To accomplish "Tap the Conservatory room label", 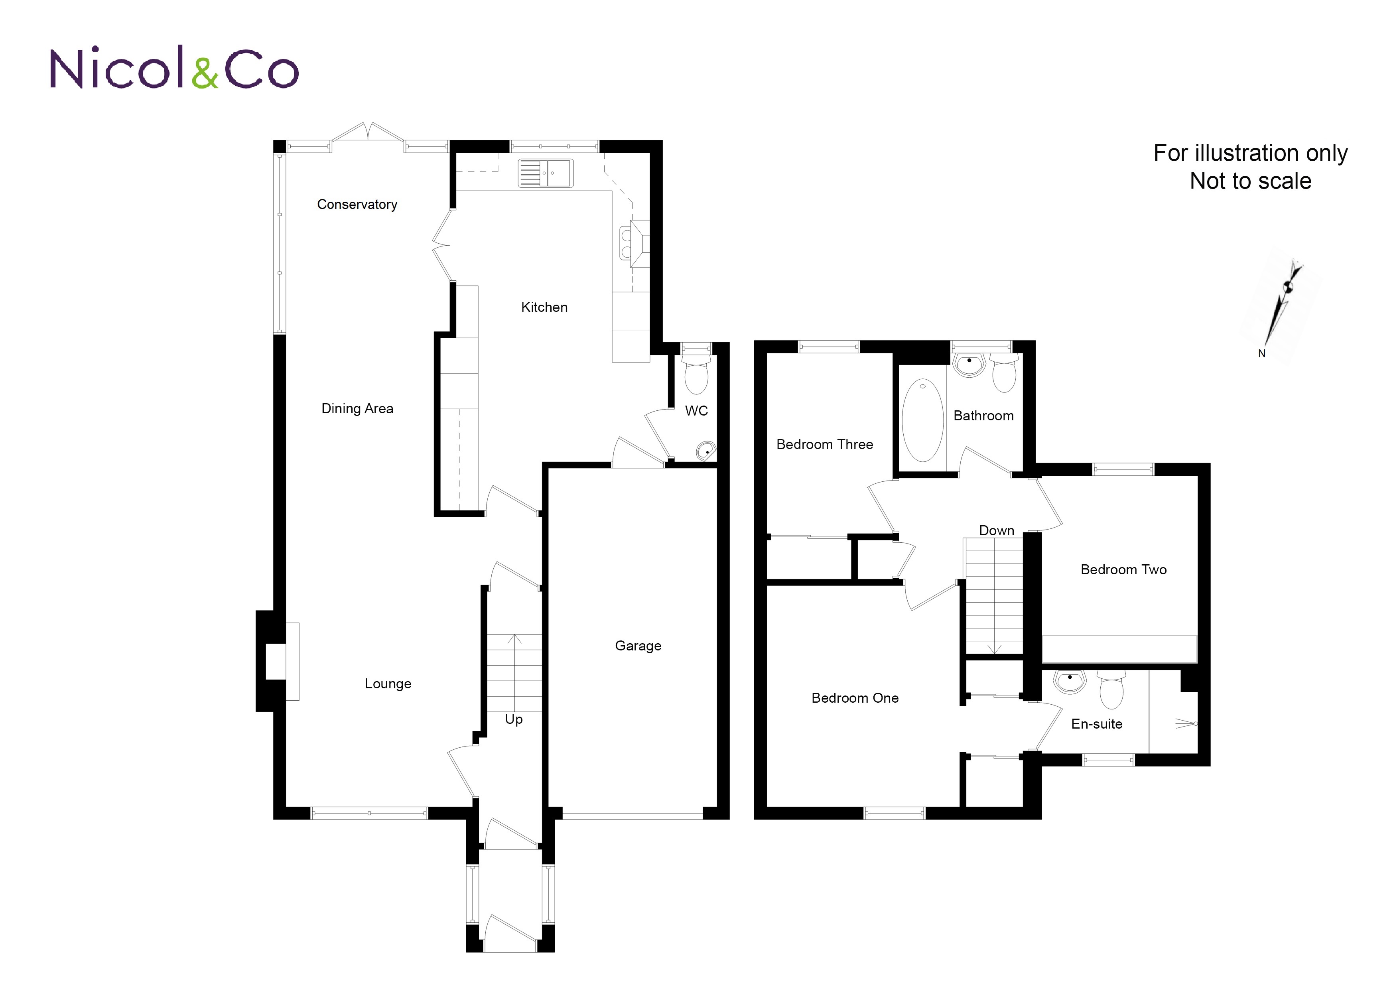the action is tap(357, 204).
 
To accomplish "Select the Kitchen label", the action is tap(544, 307).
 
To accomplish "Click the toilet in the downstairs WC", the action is tap(696, 373).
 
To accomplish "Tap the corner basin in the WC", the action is tap(705, 451).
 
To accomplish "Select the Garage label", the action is tap(638, 646).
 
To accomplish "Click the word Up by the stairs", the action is tap(514, 720).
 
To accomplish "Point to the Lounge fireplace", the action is tap(277, 661).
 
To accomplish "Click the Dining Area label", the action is tap(357, 408).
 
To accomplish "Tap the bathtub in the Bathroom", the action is tap(922, 420).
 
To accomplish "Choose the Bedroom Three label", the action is tap(824, 444).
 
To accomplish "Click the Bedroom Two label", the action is tap(1123, 570).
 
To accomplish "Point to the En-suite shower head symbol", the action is tap(1186, 723).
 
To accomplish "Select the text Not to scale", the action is tap(1250, 181).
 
